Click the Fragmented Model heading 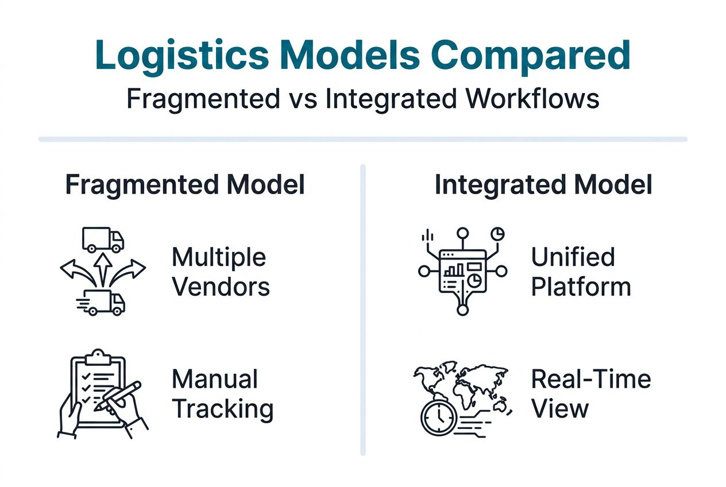(184, 185)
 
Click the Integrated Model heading (543, 185)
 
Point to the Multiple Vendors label (221, 272)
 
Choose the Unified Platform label (580, 272)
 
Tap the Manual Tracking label (222, 394)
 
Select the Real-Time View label (590, 394)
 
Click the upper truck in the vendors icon (103, 239)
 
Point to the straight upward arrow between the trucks (103, 269)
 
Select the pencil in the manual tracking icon (119, 396)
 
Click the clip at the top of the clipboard (98, 356)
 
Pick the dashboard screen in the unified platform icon (462, 270)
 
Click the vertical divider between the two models (362, 310)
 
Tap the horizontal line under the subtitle (362, 139)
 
